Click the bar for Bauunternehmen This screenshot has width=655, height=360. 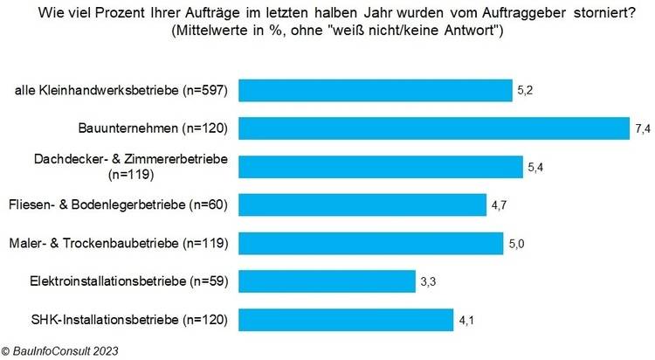coord(433,128)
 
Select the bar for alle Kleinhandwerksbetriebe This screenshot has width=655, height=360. coord(375,90)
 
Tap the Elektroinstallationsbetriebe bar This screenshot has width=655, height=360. coord(326,281)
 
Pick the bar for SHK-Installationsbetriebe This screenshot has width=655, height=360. coord(346,320)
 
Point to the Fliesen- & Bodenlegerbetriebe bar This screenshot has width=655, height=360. coord(362,204)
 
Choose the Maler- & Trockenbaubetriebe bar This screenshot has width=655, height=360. coord(370,243)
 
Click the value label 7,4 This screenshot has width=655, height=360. coord(643,128)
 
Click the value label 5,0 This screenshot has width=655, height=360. coord(517,243)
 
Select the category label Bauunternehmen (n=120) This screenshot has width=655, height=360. coord(162,129)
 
